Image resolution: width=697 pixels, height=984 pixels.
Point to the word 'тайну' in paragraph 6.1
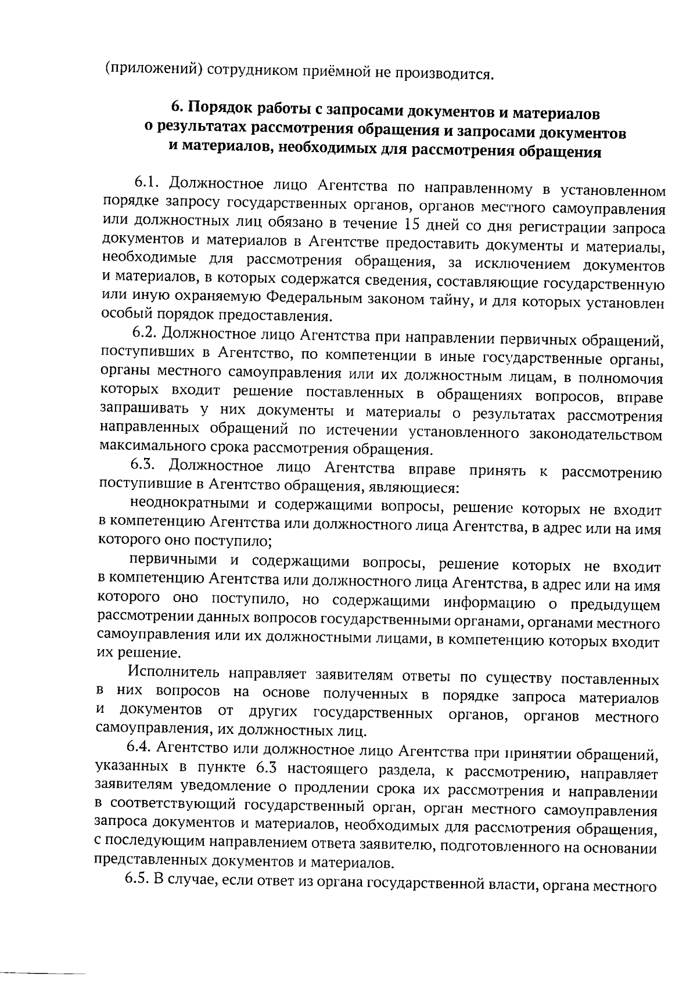(472, 301)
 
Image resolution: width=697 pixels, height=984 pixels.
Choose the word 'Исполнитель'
(174, 673)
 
